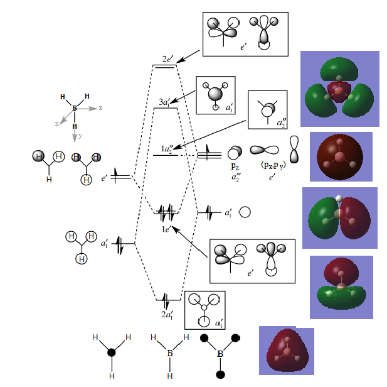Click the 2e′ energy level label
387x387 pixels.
click(167, 59)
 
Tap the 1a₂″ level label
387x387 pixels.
click(167, 149)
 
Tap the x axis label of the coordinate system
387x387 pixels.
click(100, 108)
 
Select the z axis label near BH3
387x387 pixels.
click(57, 124)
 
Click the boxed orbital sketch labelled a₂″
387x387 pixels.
click(272, 111)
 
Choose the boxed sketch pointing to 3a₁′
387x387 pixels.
click(215, 95)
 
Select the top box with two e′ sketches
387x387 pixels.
click(245, 34)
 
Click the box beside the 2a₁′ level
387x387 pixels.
click(205, 310)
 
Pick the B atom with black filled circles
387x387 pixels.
click(220, 354)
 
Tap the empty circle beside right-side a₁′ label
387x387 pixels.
click(245, 212)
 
